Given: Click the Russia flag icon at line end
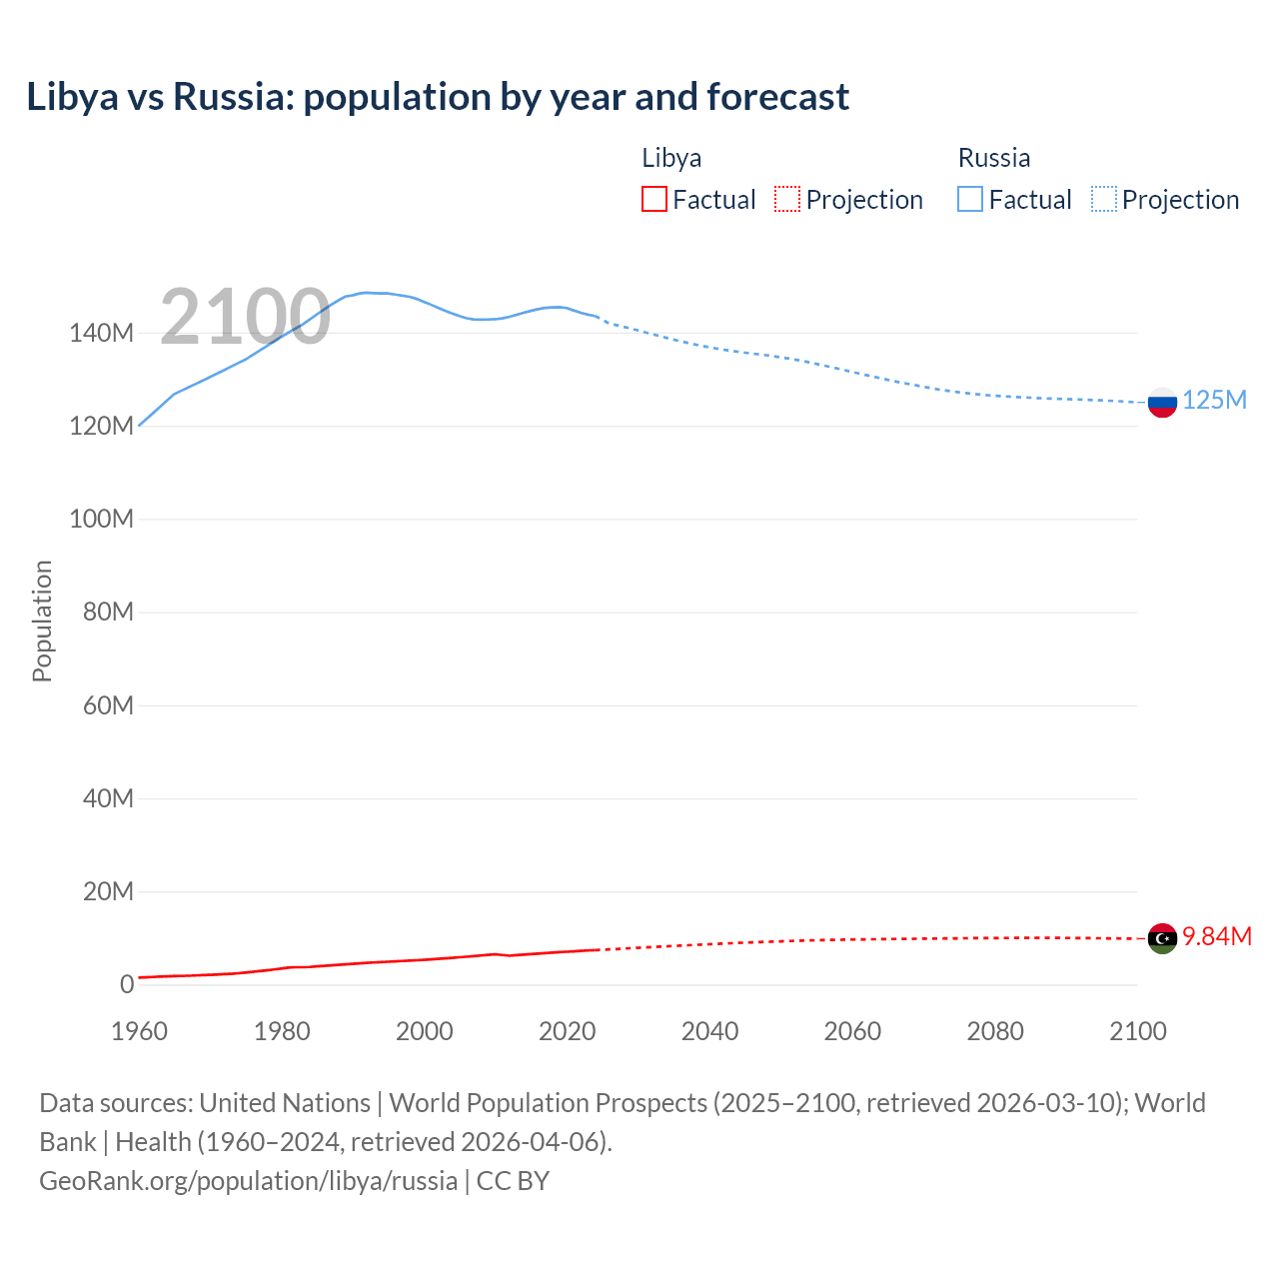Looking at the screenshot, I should click(1162, 403).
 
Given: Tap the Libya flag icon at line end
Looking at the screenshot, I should click(1162, 938).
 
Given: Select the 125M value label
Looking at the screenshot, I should click(1214, 400).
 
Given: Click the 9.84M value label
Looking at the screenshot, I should click(1217, 936).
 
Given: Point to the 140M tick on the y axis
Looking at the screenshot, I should click(101, 333).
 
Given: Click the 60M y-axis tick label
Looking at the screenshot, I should click(108, 705).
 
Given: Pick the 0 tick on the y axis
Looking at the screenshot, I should click(126, 984).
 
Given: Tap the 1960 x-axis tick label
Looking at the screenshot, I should click(139, 1031).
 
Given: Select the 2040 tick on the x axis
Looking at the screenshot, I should click(709, 1031).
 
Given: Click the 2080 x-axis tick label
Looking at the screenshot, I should click(995, 1031).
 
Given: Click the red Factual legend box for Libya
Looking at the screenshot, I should click(654, 200).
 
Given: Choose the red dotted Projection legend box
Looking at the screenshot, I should click(787, 200).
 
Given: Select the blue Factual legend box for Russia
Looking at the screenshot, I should click(970, 200).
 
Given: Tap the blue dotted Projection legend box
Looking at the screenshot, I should click(1104, 200).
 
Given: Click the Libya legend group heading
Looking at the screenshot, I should click(671, 158).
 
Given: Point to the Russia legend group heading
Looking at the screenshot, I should click(994, 158).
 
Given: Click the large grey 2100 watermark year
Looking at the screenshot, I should click(245, 317).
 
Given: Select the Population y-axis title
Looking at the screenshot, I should click(42, 621).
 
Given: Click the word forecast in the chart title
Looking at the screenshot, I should click(777, 97).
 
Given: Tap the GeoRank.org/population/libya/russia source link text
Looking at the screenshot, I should click(248, 1180).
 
